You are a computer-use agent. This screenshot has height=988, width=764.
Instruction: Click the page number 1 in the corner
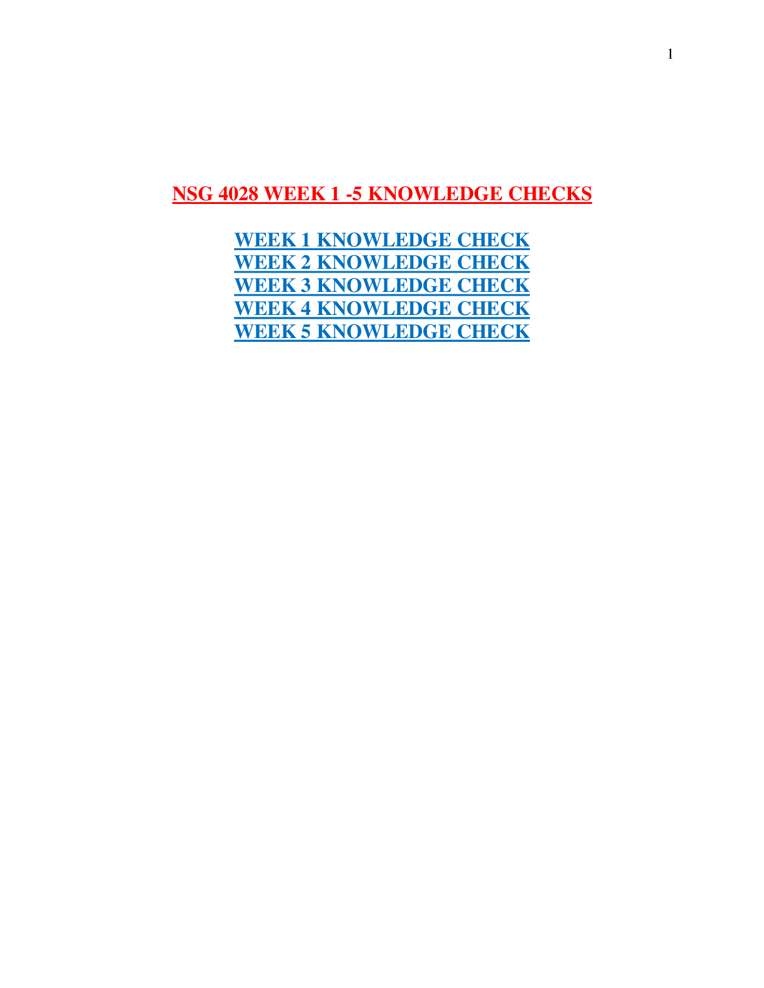click(x=670, y=54)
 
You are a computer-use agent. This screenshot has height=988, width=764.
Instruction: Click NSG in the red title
click(x=192, y=194)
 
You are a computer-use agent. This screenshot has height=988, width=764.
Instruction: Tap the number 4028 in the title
click(x=238, y=194)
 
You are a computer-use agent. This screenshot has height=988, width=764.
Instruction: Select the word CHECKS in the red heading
click(x=550, y=194)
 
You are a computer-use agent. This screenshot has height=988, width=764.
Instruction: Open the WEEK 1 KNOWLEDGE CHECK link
click(x=382, y=240)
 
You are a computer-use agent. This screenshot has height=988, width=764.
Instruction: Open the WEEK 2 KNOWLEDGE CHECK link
click(x=382, y=263)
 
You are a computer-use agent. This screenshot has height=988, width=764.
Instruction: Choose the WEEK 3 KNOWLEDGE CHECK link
click(x=382, y=286)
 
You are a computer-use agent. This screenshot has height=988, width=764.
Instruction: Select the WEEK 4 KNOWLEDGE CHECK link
click(x=382, y=308)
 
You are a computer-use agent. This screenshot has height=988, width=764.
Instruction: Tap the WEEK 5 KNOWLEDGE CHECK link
click(x=382, y=331)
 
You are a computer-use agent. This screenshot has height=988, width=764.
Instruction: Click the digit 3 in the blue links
click(x=306, y=286)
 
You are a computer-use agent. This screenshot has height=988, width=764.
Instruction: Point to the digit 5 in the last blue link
click(x=306, y=331)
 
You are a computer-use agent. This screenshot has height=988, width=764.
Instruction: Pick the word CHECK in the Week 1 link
click(x=493, y=240)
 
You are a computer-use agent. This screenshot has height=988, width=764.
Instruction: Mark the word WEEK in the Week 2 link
click(x=265, y=263)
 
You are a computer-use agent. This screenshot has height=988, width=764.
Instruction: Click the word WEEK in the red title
click(x=295, y=194)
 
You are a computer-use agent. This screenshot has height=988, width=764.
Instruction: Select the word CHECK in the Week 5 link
click(x=493, y=331)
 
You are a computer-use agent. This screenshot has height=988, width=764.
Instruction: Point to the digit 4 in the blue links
click(x=306, y=308)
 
